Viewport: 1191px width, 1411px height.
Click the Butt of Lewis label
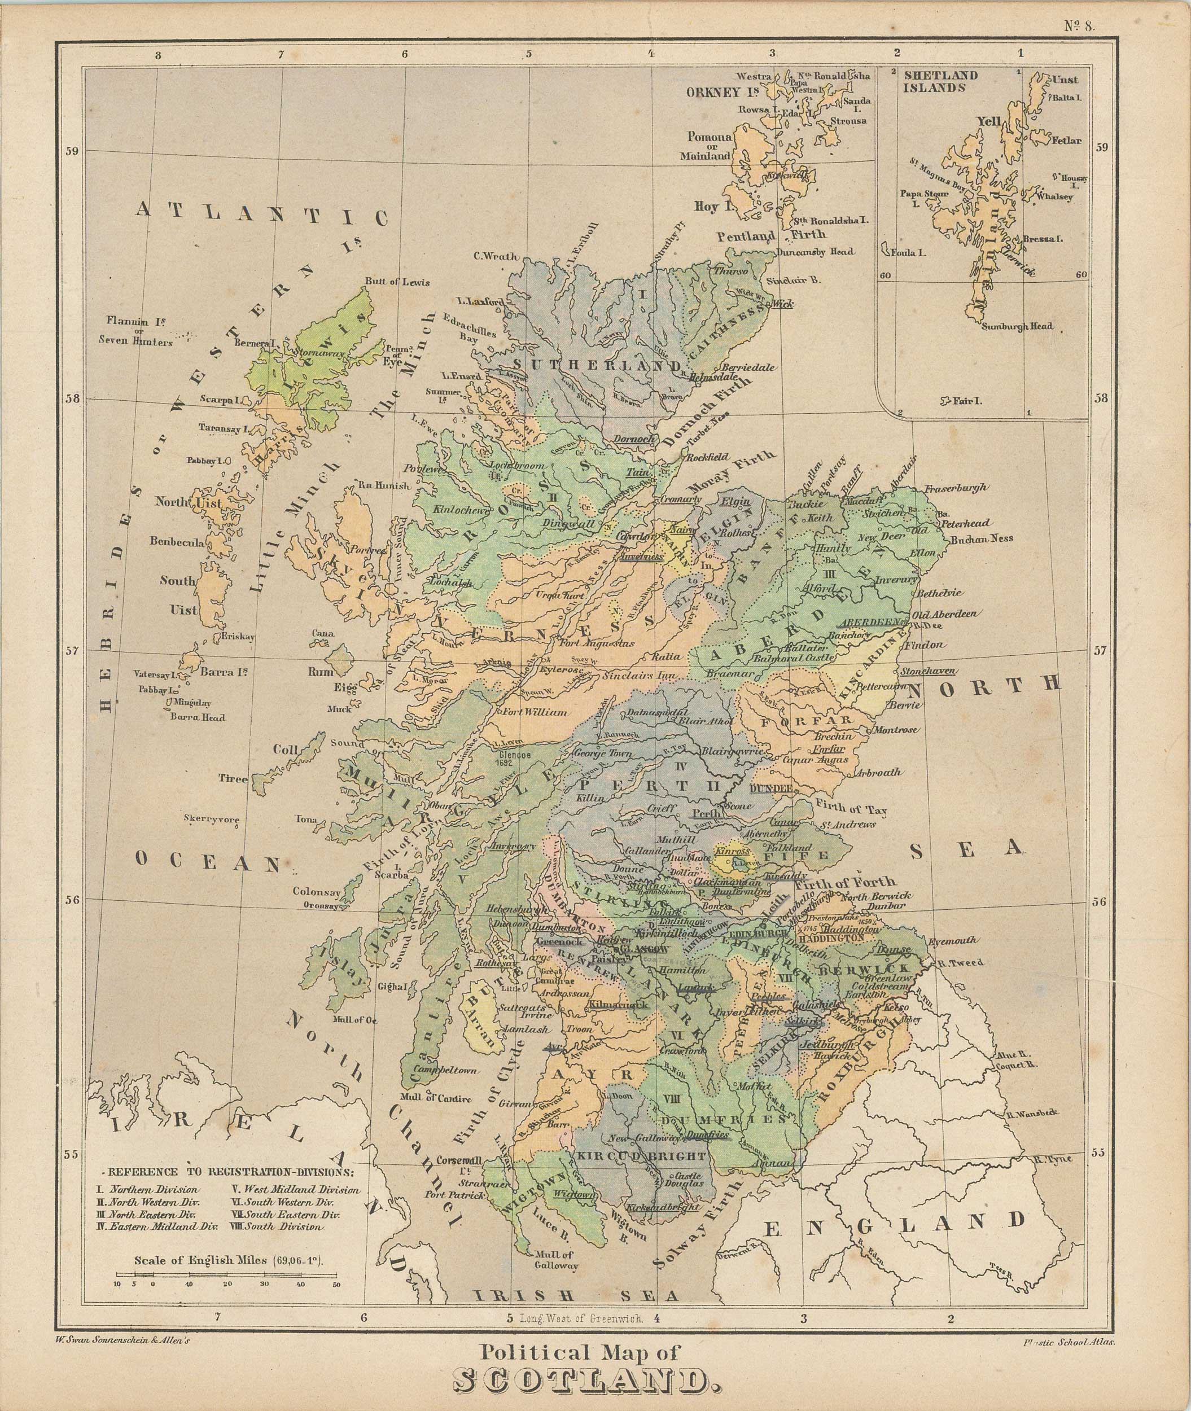[x=397, y=282]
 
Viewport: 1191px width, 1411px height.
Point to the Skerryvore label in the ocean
[x=212, y=820]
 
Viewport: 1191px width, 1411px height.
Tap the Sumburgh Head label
[x=1017, y=327]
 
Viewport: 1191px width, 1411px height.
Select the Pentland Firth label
[x=772, y=235]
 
